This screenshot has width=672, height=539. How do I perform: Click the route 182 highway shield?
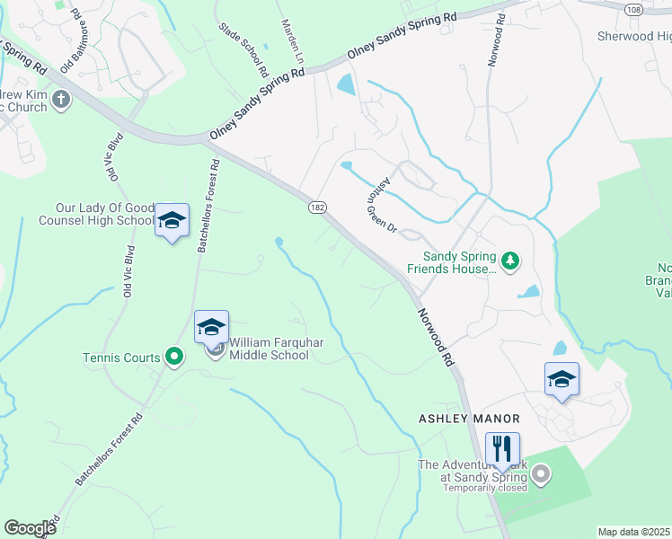click(320, 207)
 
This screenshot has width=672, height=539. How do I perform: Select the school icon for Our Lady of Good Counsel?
click(172, 219)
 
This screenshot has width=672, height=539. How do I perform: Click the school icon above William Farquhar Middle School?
click(211, 326)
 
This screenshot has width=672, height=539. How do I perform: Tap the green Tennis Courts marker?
click(174, 358)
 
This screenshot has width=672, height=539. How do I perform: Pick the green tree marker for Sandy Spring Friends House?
click(510, 261)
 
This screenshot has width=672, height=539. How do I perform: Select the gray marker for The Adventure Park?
click(540, 475)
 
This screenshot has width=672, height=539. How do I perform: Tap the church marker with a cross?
click(61, 98)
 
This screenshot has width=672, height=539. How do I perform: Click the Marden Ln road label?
click(294, 41)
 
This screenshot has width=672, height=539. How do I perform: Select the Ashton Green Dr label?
click(380, 204)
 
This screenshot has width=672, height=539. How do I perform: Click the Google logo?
click(31, 527)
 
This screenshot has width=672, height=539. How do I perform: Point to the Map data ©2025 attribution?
click(633, 532)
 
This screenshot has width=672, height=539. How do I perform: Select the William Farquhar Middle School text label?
click(269, 349)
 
